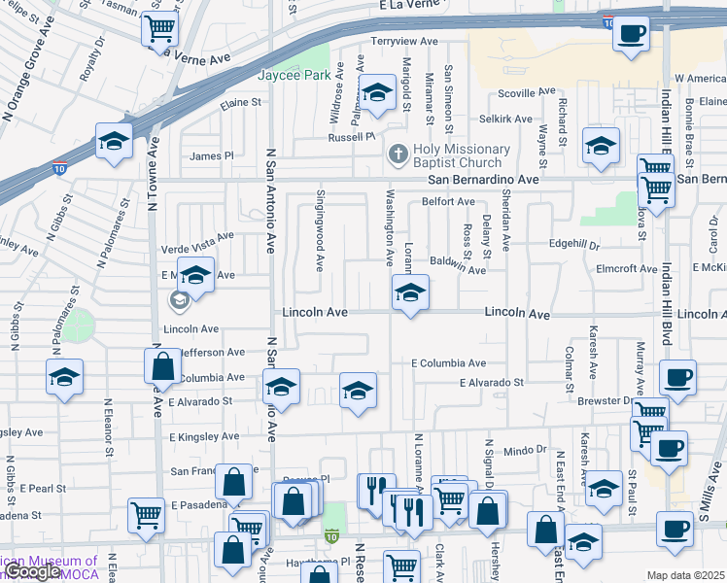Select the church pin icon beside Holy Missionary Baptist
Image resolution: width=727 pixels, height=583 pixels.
click(x=397, y=154)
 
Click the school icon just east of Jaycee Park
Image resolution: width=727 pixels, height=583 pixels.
click(x=377, y=94)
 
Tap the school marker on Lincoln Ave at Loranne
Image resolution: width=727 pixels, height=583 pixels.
click(x=410, y=292)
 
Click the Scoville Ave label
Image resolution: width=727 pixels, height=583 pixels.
click(x=526, y=92)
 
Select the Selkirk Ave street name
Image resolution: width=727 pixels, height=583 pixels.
click(x=505, y=120)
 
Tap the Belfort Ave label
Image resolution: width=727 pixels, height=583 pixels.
click(x=447, y=202)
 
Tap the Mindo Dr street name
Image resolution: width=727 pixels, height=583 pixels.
click(x=526, y=451)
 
